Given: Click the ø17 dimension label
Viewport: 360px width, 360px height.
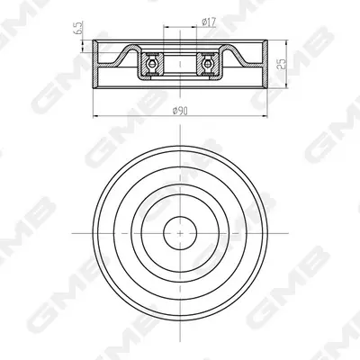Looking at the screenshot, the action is coord(209,22).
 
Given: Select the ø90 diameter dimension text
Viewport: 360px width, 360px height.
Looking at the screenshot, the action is coord(180,111).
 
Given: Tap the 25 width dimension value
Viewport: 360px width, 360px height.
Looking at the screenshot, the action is coord(282,64).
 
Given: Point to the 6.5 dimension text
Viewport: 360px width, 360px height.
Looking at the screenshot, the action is coord(78,28).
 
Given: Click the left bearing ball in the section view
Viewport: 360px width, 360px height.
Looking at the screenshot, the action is coord(152,64).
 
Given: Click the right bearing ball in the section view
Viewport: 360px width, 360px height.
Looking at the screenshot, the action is coord(207,64).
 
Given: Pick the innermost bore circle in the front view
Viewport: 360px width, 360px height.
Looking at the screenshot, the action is coord(180,233).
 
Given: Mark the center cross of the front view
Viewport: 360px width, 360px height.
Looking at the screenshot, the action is coord(180,233).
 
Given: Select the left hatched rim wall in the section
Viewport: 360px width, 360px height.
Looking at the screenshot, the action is coord(95,64).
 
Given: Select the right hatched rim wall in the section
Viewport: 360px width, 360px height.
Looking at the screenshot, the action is coord(265,64).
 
